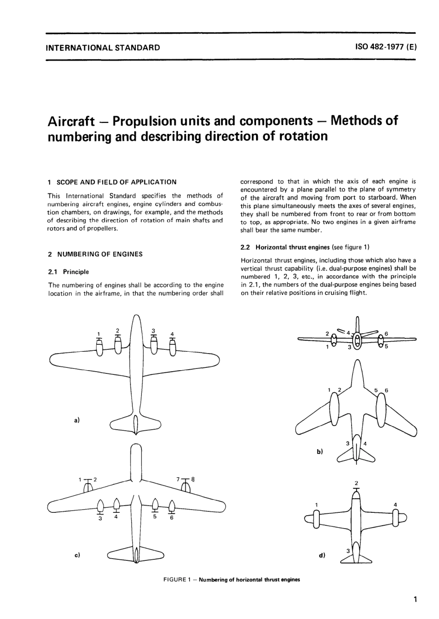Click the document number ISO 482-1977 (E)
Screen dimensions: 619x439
pyautogui.click(x=386, y=47)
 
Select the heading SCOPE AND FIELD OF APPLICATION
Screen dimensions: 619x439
pyautogui.click(x=116, y=182)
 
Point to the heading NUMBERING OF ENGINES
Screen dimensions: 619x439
pyautogui.click(x=99, y=254)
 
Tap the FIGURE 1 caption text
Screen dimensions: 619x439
pyautogui.click(x=232, y=580)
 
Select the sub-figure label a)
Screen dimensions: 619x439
pyautogui.click(x=77, y=420)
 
